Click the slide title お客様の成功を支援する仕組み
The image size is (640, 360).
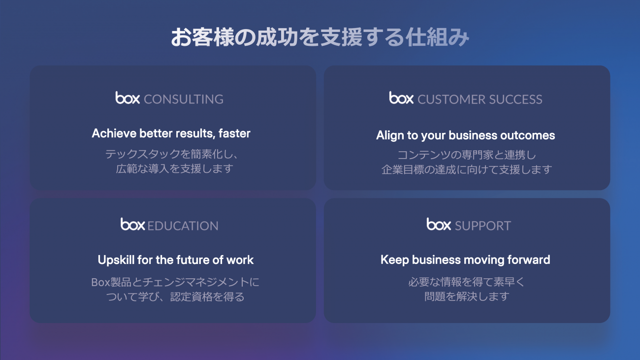pyautogui.click(x=320, y=37)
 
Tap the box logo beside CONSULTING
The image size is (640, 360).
pyautogui.click(x=128, y=98)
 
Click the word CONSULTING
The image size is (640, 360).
pyautogui.click(x=184, y=99)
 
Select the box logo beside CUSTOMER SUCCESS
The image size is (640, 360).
pyautogui.click(x=401, y=98)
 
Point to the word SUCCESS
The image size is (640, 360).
pyautogui.click(x=515, y=99)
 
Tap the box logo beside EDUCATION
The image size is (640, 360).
pyautogui.click(x=133, y=224)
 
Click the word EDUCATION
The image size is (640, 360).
pyautogui.click(x=183, y=226)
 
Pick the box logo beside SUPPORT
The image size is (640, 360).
pyautogui.click(x=439, y=224)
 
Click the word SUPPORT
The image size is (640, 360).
pyautogui.click(x=483, y=226)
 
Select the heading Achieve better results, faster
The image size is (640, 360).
pyautogui.click(x=171, y=133)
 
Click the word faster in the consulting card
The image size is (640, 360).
pyautogui.click(x=234, y=133)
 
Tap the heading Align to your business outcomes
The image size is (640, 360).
pyautogui.click(x=465, y=135)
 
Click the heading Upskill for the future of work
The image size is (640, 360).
pyautogui.click(x=175, y=260)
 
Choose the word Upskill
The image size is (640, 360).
pyautogui.click(x=116, y=260)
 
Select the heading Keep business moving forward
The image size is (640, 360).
pyautogui.click(x=465, y=260)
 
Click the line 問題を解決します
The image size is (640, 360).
pyautogui.click(x=467, y=296)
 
